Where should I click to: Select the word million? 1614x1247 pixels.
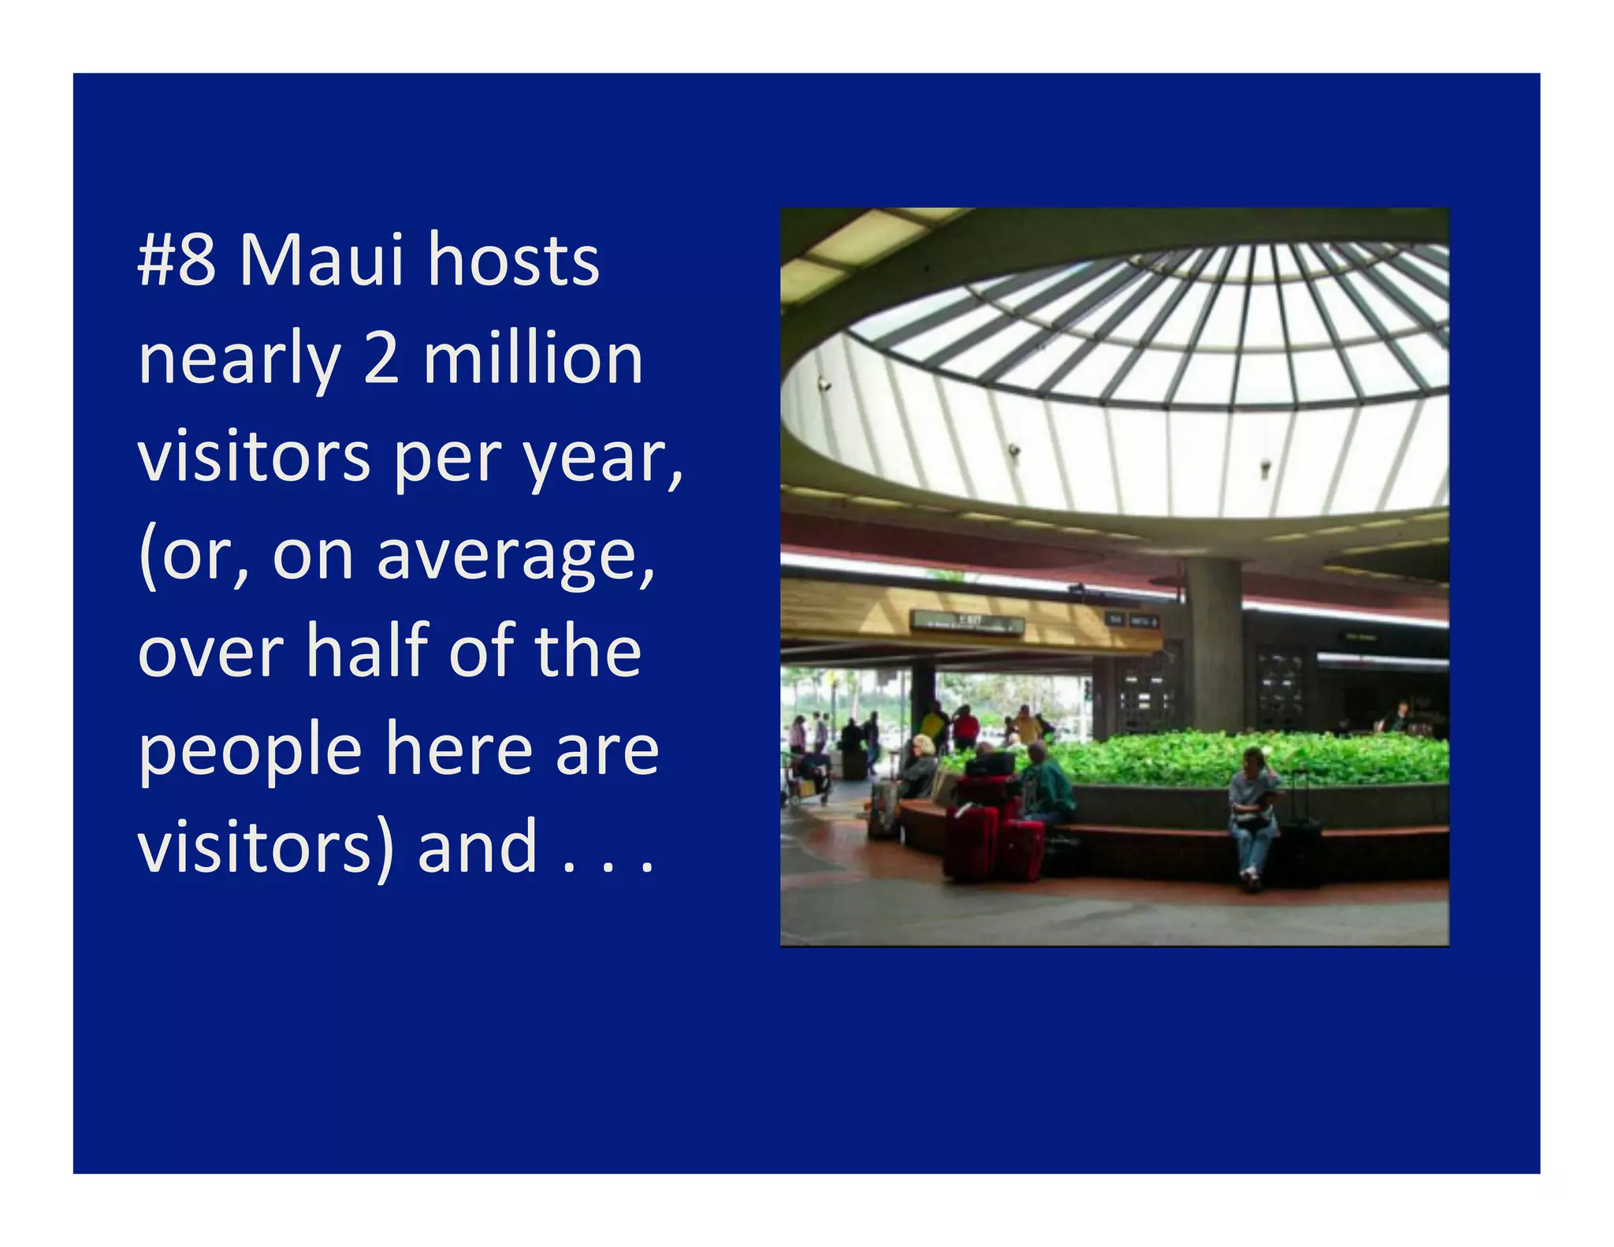(533, 359)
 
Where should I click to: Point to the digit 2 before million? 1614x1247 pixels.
(381, 359)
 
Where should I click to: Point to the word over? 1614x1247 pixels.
(210, 653)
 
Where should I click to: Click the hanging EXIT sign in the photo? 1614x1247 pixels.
(969, 622)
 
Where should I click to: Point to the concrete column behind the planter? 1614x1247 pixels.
(1213, 646)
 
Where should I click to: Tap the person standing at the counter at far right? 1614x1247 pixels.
(1397, 717)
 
